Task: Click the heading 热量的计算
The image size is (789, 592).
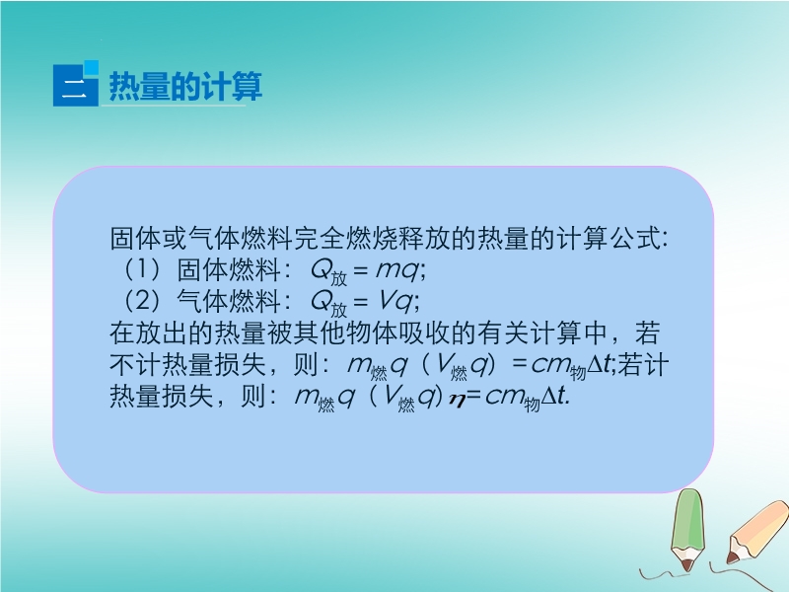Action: click(x=185, y=87)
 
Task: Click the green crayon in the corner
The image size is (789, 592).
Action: click(x=687, y=530)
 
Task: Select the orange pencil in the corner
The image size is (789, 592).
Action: click(x=757, y=532)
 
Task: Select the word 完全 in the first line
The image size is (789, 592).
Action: click(x=319, y=238)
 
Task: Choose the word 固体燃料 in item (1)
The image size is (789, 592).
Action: click(x=229, y=269)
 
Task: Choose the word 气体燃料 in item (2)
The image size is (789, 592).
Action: click(x=229, y=301)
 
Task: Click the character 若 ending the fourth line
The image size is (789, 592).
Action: click(x=648, y=333)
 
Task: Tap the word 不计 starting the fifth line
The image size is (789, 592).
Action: click(x=135, y=364)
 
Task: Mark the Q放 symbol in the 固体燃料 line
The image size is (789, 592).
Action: click(x=328, y=272)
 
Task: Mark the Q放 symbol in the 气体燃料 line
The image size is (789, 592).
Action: click(x=328, y=304)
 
